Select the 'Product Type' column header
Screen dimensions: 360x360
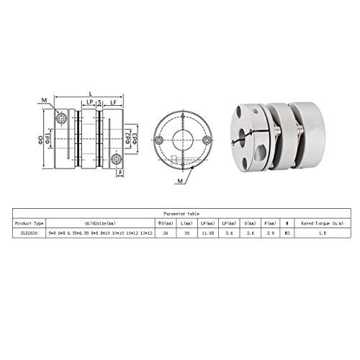30,223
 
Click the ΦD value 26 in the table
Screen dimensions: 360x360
166,233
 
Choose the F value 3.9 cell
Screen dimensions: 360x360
270,233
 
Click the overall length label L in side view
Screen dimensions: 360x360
90,94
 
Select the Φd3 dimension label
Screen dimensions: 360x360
135,136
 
